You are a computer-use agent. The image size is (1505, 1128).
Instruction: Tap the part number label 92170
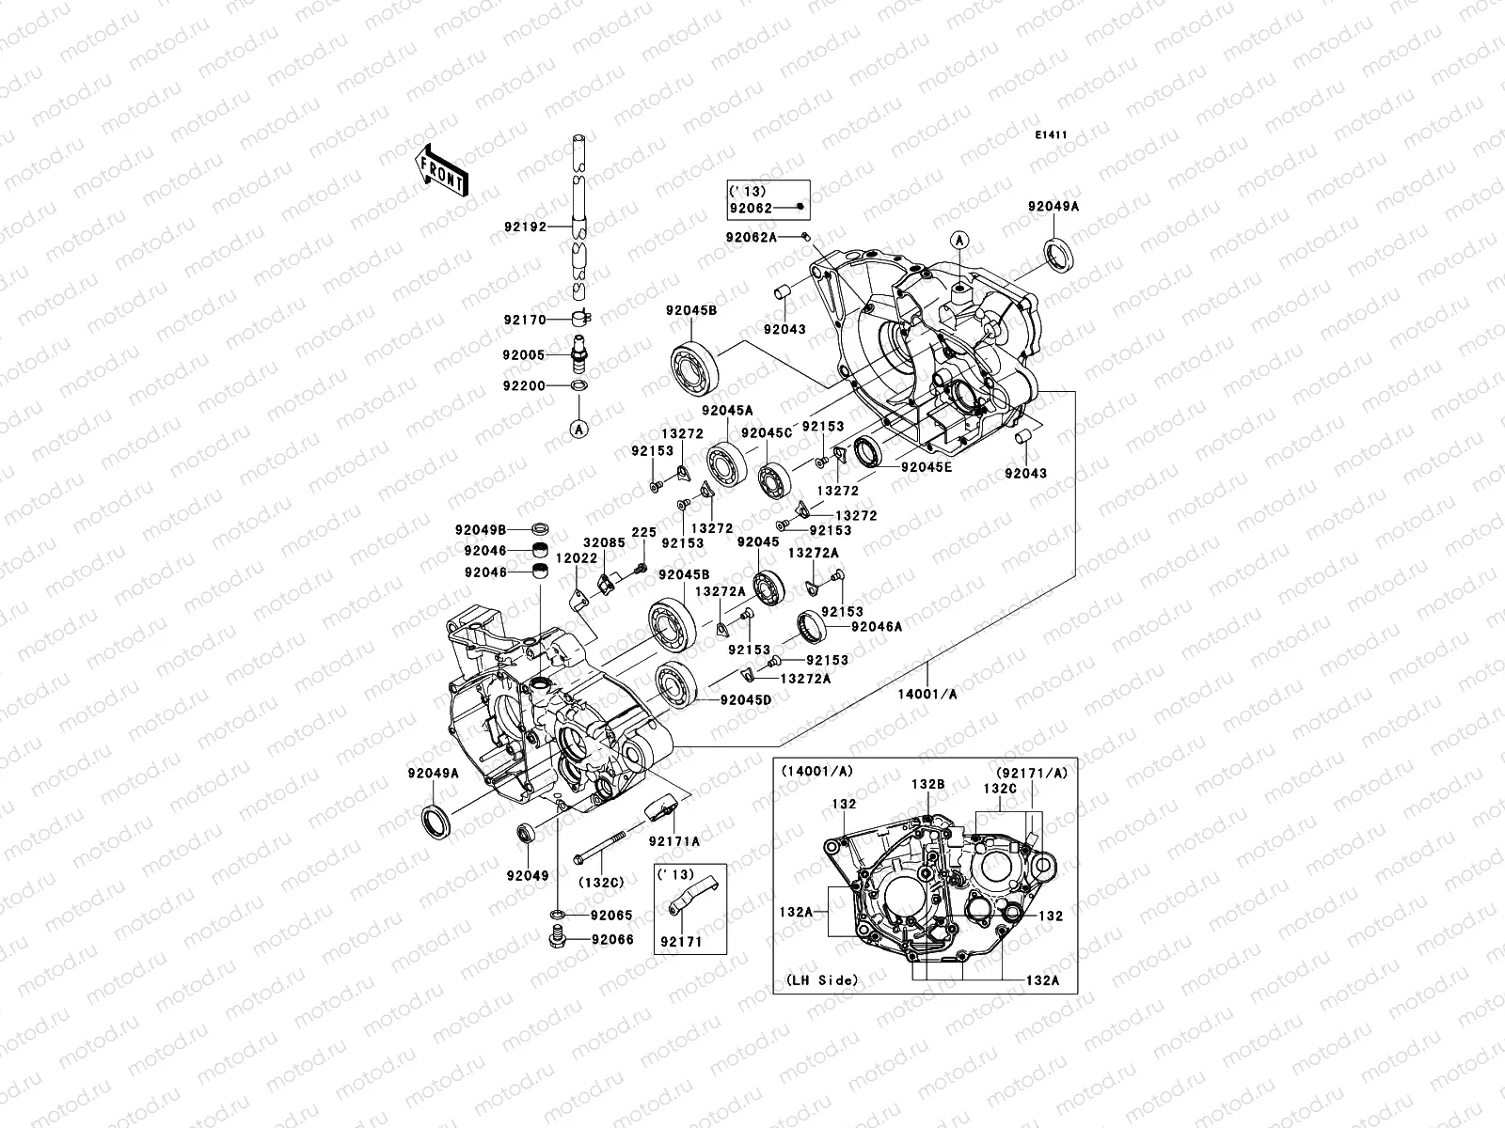[x=523, y=320]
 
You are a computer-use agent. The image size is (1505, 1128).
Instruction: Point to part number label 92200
[x=523, y=384]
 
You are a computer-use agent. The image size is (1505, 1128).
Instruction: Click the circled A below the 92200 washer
[x=579, y=429]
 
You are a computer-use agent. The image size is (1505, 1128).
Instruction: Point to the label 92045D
[x=746, y=699]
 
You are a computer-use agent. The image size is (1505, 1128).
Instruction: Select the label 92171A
[x=673, y=842]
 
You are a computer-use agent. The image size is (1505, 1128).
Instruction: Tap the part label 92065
[x=611, y=915]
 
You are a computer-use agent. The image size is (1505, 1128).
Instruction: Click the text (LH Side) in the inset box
[x=816, y=979]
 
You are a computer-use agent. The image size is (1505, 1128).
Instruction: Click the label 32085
[x=603, y=543]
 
